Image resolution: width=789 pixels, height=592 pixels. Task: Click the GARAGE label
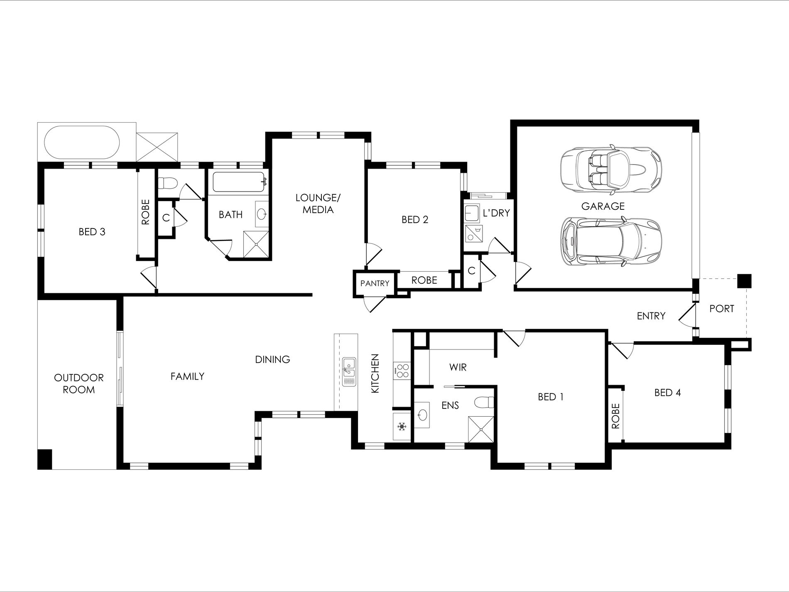[603, 206]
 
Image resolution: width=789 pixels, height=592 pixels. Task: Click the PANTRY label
[375, 283]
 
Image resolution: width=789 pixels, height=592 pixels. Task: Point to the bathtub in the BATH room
[238, 183]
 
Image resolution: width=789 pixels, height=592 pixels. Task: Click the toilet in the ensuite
[484, 403]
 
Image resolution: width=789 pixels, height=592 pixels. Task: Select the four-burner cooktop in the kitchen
[402, 371]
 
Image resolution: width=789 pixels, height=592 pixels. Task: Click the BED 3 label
[92, 232]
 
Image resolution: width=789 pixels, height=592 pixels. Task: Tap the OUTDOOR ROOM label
[79, 383]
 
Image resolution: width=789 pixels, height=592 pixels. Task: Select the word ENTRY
[651, 316]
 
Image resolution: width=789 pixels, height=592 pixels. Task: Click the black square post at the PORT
[744, 281]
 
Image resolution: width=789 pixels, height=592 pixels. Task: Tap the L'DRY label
[496, 213]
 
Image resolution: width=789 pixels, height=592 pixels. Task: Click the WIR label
[458, 367]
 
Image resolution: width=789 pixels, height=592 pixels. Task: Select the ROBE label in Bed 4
[615, 416]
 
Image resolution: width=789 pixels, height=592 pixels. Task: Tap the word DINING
[272, 359]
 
